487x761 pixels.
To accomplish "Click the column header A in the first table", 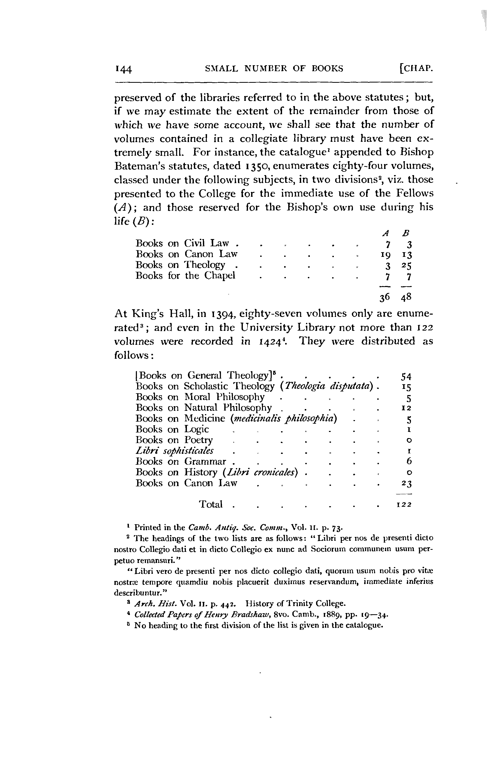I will point(385,233).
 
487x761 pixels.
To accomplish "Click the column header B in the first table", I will point(406,233).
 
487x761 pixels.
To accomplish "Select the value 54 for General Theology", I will point(406,377).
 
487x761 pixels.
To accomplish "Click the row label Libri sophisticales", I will point(175,451).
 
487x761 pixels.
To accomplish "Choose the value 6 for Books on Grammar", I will point(409,461).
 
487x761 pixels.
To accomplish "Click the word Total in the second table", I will point(211,504).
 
